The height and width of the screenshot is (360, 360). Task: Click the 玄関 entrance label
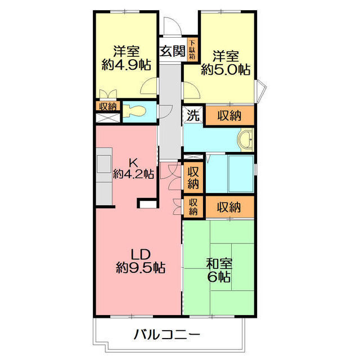coord(172,51)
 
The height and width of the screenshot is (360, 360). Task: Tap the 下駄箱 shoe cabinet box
coord(192,49)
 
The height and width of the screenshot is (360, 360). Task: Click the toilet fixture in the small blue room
coord(136,111)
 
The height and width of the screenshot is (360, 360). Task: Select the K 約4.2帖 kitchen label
coord(133,168)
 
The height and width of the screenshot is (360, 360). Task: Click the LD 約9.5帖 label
coord(139,260)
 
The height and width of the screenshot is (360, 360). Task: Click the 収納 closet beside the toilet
coord(108,106)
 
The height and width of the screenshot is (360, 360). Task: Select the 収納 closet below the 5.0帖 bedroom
coord(229,115)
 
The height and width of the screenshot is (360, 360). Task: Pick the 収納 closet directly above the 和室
coord(229,207)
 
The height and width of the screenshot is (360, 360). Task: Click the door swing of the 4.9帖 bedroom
coord(149,87)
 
